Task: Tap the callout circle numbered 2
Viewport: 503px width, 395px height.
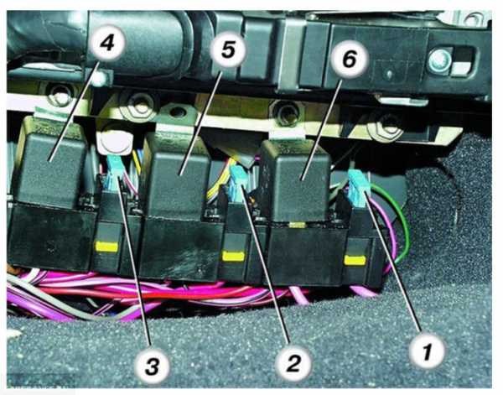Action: click(x=293, y=363)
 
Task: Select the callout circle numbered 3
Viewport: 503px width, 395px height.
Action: click(x=152, y=366)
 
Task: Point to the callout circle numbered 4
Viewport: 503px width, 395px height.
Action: click(x=107, y=43)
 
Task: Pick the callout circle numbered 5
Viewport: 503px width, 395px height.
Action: click(x=228, y=49)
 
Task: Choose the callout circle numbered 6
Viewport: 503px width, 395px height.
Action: click(x=350, y=59)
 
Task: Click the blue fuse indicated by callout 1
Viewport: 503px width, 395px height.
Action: click(x=359, y=189)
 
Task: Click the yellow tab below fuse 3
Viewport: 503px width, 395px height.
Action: click(x=106, y=247)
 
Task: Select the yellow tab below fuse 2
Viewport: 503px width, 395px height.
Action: click(x=234, y=256)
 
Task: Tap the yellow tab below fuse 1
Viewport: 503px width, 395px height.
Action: click(x=355, y=260)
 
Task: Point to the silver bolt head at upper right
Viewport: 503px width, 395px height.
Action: click(x=439, y=60)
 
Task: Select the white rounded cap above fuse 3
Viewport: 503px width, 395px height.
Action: click(x=114, y=142)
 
